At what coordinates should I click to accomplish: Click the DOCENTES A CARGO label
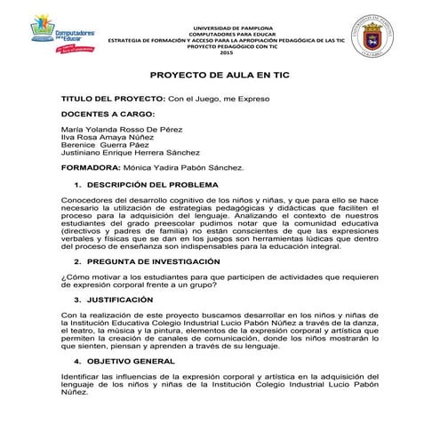pos(108,115)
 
